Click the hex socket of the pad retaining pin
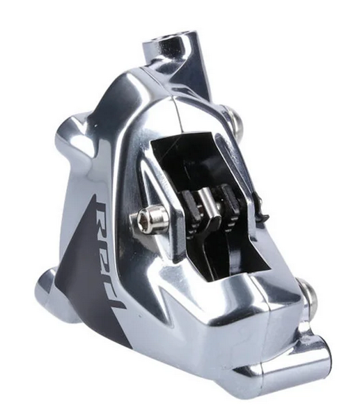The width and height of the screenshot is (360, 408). [x=143, y=215]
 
